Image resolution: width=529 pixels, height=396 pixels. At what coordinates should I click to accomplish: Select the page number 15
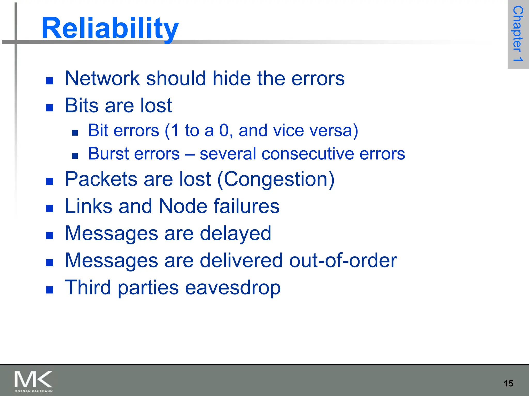pos(508,383)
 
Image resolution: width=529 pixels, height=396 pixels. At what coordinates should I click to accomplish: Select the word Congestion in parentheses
pos(276,179)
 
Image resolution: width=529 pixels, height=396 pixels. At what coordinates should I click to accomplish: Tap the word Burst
pos(108,154)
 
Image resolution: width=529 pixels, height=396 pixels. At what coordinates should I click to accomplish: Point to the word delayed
pos(235,233)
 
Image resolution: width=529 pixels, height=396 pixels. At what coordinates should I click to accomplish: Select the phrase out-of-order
pos(343,260)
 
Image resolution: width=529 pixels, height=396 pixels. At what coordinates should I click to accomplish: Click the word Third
pos(88,287)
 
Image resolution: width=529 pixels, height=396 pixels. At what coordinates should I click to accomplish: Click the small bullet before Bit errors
pos(75,133)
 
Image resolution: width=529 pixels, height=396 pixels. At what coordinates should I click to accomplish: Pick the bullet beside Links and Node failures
pos(49,208)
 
